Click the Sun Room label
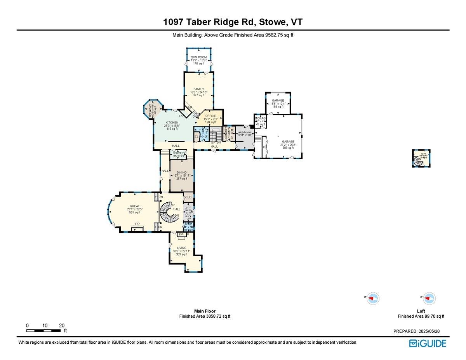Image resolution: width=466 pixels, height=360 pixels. (x=198, y=60)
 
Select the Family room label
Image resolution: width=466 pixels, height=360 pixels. (x=198, y=92)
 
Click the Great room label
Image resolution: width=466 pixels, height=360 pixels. (x=134, y=209)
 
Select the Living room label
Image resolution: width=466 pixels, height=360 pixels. (x=181, y=250)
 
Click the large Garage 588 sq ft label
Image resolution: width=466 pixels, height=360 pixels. (x=288, y=144)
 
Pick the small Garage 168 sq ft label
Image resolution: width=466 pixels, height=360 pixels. (x=278, y=103)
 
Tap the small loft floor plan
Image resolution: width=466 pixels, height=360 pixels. (x=421, y=159)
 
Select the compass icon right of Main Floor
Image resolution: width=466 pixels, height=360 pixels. (x=372, y=298)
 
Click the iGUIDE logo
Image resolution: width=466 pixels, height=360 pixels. (x=428, y=343)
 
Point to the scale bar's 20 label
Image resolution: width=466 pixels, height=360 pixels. (x=61, y=325)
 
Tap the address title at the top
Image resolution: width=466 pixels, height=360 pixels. (x=233, y=23)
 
